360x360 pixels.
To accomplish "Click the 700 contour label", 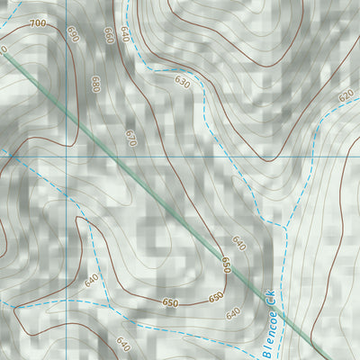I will (x=37, y=22).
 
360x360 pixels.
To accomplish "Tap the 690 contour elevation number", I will (x=73, y=34).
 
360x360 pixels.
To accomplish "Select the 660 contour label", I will (x=108, y=36).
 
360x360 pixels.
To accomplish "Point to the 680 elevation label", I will (x=95, y=84).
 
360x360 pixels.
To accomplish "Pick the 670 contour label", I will (x=130, y=139).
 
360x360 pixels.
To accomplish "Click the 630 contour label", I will (x=183, y=83).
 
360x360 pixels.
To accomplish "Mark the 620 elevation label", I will (x=346, y=95).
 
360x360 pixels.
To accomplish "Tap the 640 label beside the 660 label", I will (x=123, y=35).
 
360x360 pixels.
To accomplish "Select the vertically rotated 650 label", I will (x=226, y=265).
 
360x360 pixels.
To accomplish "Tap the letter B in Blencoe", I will (x=266, y=352).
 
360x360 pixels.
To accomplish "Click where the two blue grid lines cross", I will (x=67, y=156).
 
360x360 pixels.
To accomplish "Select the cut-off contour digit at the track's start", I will (x=3, y=49).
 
